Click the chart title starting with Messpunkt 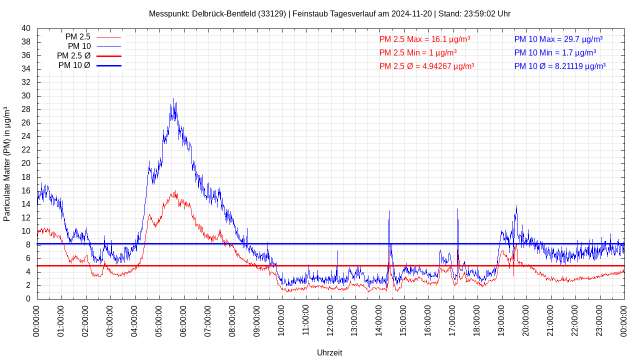329,13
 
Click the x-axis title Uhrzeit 329,352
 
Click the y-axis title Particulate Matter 7,164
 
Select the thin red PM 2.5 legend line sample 109,37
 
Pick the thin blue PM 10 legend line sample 109,46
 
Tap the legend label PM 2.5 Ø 73,56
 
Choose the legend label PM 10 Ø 74,65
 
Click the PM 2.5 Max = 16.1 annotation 424,39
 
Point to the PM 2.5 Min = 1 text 418,52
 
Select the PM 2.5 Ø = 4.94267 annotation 426,66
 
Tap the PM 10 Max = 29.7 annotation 558,39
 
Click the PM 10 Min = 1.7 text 555,52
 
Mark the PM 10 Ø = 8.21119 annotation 560,66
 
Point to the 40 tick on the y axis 26,28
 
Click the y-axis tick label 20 26,163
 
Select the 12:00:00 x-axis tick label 330,320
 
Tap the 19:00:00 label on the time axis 502,320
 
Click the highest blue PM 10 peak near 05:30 173,99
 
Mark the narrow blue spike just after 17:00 457,209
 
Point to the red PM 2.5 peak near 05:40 175,191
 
